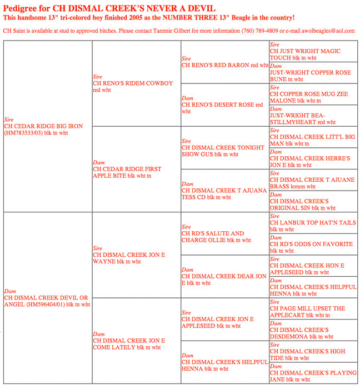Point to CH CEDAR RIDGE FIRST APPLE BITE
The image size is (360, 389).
tap(128, 172)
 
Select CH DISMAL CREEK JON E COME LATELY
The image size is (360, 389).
tap(129, 343)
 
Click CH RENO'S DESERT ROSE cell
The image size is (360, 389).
tap(222, 104)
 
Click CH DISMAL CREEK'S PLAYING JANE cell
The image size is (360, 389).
tap(312, 376)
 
